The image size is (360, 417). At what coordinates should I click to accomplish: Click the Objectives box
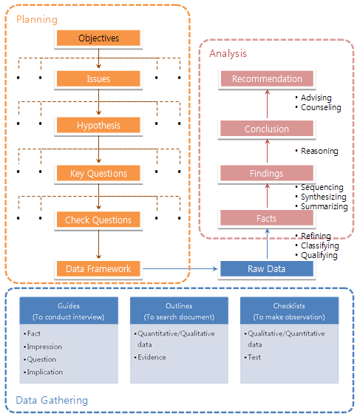click(98, 38)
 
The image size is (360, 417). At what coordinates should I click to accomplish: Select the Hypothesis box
click(98, 125)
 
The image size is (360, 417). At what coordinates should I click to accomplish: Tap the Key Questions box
click(98, 173)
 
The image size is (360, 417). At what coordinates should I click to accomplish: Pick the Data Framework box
click(98, 268)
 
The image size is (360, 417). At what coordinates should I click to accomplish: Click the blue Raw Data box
click(267, 268)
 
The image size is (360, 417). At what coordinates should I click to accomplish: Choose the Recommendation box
click(267, 78)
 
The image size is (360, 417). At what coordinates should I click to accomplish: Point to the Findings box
click(267, 174)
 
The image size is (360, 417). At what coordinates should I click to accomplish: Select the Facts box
click(267, 218)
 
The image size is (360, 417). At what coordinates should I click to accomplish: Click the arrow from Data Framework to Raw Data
click(180, 268)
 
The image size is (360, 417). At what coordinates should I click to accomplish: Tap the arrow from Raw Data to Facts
click(267, 243)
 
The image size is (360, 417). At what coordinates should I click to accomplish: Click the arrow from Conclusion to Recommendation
click(267, 104)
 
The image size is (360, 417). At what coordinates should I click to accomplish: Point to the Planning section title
click(37, 20)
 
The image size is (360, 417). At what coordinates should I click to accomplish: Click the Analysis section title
click(228, 53)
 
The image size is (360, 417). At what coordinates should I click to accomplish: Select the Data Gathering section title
click(52, 400)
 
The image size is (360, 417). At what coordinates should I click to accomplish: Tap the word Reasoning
click(319, 151)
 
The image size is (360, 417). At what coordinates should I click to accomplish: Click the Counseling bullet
click(319, 107)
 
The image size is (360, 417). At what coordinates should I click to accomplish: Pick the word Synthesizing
click(324, 197)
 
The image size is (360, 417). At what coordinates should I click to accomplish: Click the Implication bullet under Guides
click(44, 372)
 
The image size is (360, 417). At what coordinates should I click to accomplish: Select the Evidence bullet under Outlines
click(150, 357)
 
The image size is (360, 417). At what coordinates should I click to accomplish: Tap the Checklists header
click(289, 306)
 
